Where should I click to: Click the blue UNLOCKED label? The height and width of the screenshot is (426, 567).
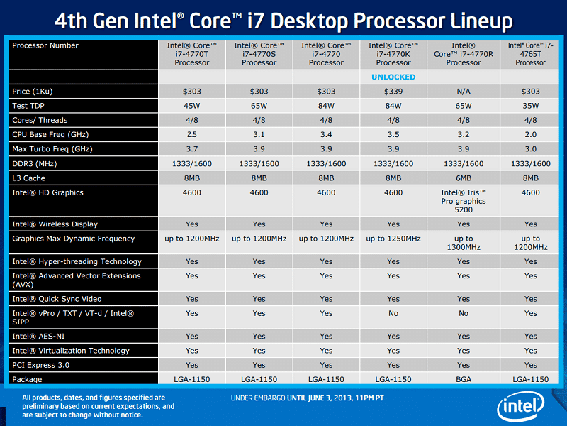393,77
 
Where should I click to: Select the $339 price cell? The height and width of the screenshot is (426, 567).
393,92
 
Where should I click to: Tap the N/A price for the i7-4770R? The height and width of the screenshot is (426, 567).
464,92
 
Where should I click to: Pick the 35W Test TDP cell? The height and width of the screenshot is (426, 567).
531,106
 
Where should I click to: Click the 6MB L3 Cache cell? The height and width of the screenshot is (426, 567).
464,178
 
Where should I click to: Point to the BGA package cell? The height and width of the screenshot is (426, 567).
464,380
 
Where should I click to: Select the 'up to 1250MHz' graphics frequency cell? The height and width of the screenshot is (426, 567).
393,239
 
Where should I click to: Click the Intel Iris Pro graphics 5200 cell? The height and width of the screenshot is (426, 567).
464,201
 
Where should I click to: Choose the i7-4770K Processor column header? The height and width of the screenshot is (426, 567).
393,54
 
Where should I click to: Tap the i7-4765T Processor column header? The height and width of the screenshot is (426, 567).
531,54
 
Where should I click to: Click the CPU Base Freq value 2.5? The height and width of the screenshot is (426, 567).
192,135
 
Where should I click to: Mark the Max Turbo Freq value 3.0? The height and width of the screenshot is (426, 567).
531,149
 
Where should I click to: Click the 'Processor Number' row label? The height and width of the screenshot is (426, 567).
45,45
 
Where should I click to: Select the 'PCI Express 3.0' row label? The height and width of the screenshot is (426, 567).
40,365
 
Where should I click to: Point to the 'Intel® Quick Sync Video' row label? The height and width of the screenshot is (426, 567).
57,299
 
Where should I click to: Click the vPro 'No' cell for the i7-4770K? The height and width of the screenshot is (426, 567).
393,313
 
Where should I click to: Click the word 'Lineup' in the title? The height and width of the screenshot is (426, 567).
481,21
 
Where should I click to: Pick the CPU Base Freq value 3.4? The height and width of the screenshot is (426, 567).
326,135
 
